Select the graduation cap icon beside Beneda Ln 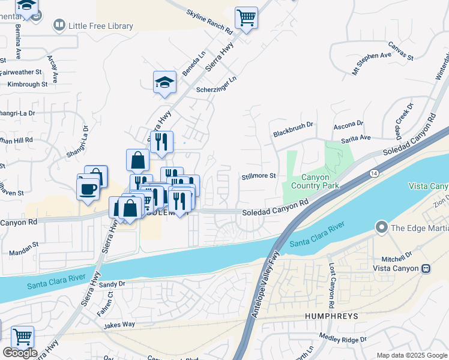point(164,83)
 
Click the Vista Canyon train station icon point(426,268)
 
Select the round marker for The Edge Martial point(381,227)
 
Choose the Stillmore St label point(258,176)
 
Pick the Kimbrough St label point(28,85)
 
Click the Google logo point(20,352)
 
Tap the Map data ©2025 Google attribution point(411,355)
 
